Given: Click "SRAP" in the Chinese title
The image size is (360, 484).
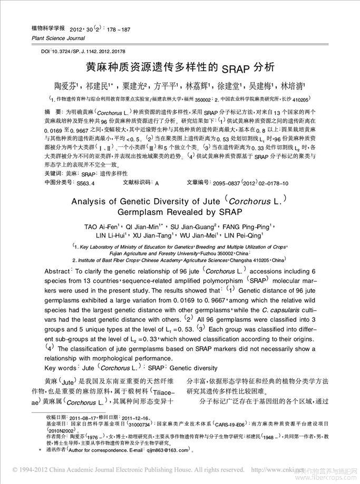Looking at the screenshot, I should coord(233,68).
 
